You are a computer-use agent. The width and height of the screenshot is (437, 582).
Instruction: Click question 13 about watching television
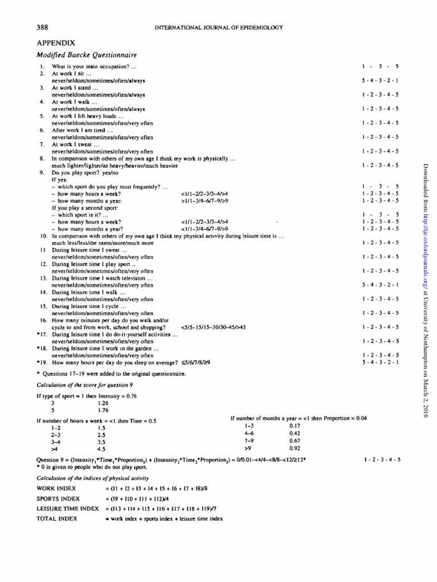[102, 278]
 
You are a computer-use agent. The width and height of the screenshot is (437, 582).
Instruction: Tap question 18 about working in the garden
[105, 348]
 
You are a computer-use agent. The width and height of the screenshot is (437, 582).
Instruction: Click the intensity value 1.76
[102, 409]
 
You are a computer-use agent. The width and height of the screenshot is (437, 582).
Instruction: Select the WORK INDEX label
[56, 488]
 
